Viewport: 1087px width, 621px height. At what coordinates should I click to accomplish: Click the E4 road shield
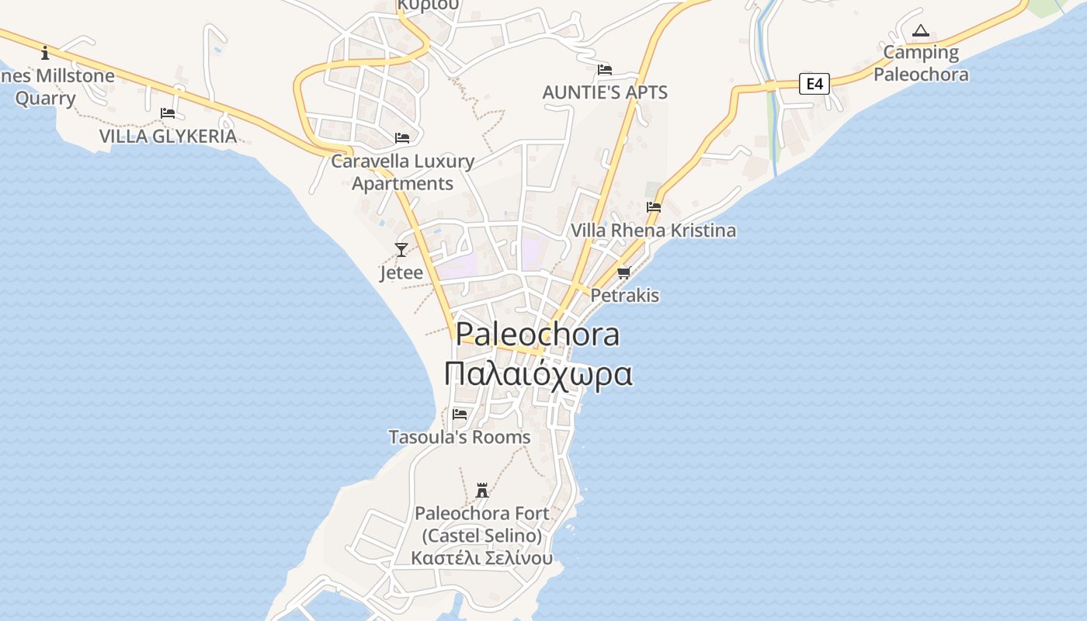click(x=814, y=83)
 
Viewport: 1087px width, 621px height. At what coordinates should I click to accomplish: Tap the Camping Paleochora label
click(x=922, y=64)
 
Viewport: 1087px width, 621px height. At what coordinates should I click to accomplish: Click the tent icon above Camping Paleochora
click(x=921, y=31)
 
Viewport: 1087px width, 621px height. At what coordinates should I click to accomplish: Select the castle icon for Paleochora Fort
click(x=482, y=491)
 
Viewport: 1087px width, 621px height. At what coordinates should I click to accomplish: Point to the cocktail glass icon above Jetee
click(x=401, y=249)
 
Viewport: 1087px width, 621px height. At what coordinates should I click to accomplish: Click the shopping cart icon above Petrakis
click(x=623, y=272)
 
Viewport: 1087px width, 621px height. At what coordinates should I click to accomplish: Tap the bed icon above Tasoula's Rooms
click(x=460, y=414)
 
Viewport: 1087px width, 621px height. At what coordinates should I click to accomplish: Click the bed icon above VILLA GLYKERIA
click(x=168, y=113)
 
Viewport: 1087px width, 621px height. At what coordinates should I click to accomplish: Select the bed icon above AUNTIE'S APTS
click(x=605, y=70)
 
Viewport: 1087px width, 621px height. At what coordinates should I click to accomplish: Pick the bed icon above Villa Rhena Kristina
click(x=654, y=207)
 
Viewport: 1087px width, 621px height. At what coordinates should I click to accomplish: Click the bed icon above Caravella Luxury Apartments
click(x=402, y=138)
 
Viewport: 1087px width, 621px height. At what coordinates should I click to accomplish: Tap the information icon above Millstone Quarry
click(x=45, y=53)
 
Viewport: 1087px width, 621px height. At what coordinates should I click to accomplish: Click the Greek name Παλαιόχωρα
click(x=538, y=373)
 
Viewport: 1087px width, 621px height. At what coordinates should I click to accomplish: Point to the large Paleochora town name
click(x=538, y=334)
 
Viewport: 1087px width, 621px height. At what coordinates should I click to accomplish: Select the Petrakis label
click(x=625, y=296)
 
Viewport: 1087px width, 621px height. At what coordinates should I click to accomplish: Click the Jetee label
click(x=401, y=272)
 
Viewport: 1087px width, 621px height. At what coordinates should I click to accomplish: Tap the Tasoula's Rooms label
click(x=460, y=437)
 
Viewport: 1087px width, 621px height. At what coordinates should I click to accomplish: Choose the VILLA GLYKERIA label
click(x=168, y=137)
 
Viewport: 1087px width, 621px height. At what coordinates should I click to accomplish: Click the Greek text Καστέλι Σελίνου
click(x=482, y=558)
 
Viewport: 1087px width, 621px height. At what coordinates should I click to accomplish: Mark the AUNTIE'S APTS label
click(x=605, y=92)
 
